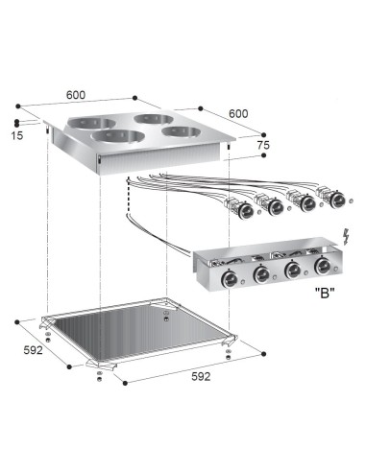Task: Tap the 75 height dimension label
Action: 262,145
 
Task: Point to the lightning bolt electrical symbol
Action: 347,237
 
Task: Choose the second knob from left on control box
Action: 260,276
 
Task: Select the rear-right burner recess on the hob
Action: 153,119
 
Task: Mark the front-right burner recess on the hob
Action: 179,131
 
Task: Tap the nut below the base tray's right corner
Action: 228,353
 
